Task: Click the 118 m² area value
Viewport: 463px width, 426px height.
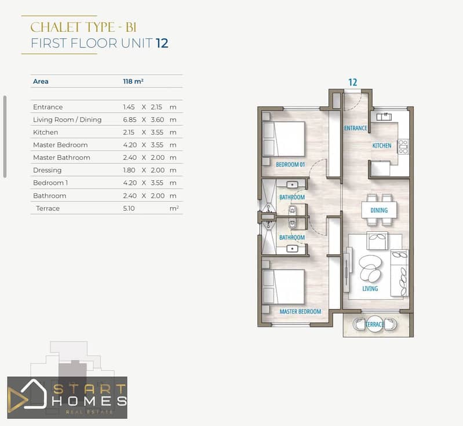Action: click(x=133, y=81)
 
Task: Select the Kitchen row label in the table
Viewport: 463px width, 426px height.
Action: click(x=45, y=132)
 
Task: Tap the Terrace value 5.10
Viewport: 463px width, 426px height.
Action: click(x=129, y=208)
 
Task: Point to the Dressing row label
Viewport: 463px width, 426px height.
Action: click(x=48, y=170)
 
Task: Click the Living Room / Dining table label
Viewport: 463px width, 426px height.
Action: click(x=67, y=119)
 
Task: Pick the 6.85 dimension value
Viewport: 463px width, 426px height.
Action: click(x=130, y=119)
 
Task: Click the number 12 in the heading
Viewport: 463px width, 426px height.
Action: click(x=162, y=43)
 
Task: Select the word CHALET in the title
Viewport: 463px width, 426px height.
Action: click(x=56, y=27)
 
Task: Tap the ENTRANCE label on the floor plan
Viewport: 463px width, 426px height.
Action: click(x=356, y=128)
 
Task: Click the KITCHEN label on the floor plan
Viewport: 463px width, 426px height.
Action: click(x=382, y=145)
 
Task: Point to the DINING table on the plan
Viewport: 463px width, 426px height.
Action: click(x=379, y=210)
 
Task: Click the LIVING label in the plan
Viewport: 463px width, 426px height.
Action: click(x=370, y=289)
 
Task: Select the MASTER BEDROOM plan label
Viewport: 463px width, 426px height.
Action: click(x=300, y=311)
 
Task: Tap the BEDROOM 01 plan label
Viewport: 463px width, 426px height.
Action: click(x=290, y=165)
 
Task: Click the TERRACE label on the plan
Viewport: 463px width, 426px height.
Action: click(x=374, y=325)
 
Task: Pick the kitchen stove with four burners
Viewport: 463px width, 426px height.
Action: click(x=403, y=147)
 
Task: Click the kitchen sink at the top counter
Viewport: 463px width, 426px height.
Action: click(x=384, y=116)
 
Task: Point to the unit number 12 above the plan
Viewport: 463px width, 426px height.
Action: click(x=352, y=82)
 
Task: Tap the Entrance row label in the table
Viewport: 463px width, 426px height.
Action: click(x=48, y=107)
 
